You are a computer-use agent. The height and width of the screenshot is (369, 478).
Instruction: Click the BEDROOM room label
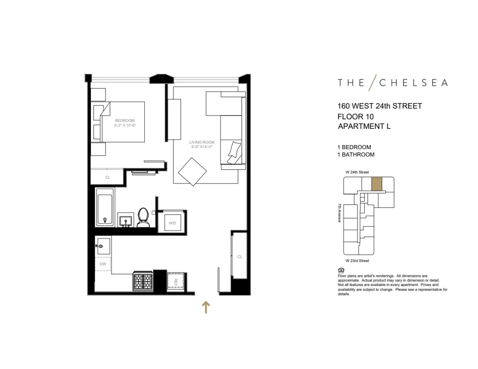pos(124,120)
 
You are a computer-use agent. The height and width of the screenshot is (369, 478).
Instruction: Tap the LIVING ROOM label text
pos(201,142)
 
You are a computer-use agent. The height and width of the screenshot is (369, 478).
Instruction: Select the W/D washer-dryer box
pos(172,222)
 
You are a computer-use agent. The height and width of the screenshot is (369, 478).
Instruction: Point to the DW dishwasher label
pos(103,264)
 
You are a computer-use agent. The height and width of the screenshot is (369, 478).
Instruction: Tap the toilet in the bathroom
pos(143,218)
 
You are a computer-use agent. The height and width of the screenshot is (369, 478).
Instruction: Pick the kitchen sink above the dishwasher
pos(103,246)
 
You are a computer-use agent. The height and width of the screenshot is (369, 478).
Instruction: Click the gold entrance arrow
pos(206,307)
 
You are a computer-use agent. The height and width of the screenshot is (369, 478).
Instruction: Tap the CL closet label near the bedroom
pos(108,177)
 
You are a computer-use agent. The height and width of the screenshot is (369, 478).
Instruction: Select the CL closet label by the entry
pos(240,257)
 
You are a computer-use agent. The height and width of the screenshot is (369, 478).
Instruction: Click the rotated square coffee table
pos(192,171)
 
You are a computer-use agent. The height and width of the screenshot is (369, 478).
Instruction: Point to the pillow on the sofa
pos(234,150)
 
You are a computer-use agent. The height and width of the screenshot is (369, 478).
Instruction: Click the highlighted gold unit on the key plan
pos(377,184)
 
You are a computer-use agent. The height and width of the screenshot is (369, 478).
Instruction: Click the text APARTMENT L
pos(365,126)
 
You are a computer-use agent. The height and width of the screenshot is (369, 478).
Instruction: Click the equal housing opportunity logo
pos(340,269)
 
